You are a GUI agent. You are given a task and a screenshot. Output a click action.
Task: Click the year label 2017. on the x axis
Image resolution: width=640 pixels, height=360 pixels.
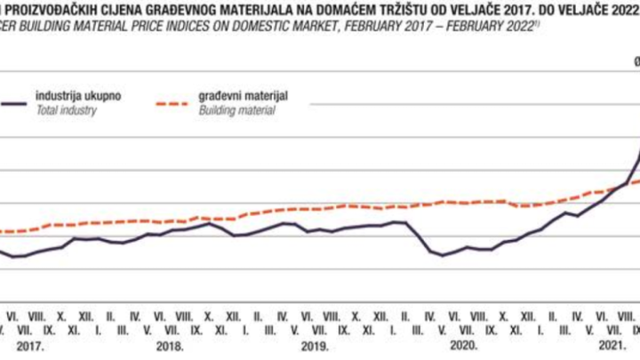click(31, 346)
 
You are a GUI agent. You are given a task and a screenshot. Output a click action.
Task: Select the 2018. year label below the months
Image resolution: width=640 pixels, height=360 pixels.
click(171, 346)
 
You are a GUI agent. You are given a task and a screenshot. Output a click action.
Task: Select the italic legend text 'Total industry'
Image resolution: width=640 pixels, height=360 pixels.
click(65, 110)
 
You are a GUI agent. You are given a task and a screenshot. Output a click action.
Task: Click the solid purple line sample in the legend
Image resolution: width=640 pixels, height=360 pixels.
click(12, 103)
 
